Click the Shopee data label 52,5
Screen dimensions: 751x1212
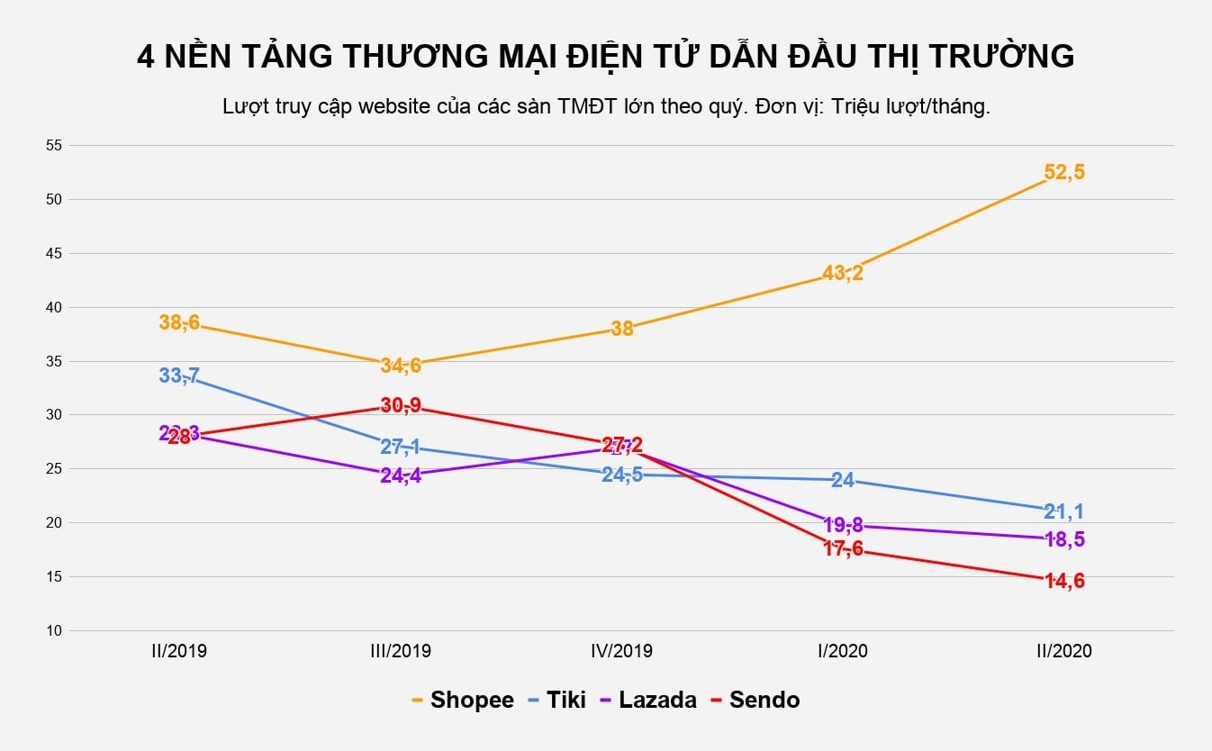1064,172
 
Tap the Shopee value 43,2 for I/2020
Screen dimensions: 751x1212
843,273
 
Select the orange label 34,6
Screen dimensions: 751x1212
401,366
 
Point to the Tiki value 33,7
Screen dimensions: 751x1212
179,375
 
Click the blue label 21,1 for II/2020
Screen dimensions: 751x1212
1064,512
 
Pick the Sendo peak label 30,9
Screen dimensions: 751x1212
401,405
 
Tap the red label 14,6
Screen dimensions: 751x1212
1064,582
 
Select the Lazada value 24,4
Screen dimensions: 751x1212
401,475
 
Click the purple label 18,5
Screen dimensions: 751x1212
1064,539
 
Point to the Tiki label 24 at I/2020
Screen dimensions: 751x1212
843,480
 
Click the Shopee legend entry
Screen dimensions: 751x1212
462,700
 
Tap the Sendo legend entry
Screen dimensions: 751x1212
755,700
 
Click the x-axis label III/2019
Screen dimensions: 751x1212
401,651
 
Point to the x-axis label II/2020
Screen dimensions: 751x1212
1064,651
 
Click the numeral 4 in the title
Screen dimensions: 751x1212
145,57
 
